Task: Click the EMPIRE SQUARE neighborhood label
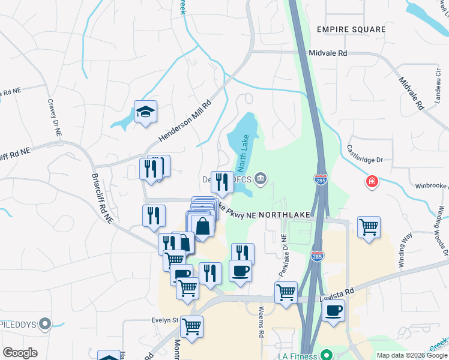coord(351,29)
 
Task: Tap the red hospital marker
coord(373,181)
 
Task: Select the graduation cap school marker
coord(145,112)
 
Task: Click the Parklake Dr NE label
coord(284,256)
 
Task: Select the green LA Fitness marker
coord(327,356)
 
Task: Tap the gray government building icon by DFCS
coord(261,178)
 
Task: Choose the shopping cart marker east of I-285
coord(369,227)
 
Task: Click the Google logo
coord(20,353)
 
